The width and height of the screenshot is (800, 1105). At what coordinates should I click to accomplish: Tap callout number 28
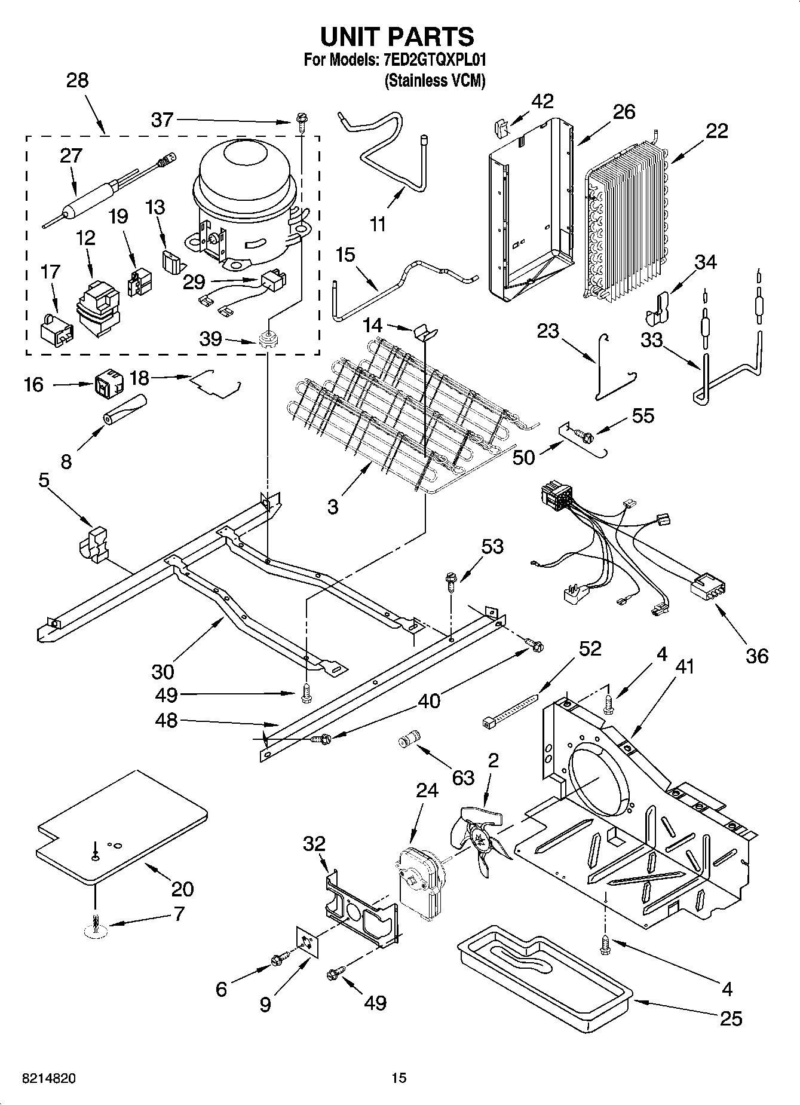tap(77, 80)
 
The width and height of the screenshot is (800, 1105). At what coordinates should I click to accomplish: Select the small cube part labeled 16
tap(108, 385)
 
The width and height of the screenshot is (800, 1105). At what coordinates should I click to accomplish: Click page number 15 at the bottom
tap(399, 1078)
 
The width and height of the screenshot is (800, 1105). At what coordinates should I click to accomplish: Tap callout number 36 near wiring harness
tap(756, 656)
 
